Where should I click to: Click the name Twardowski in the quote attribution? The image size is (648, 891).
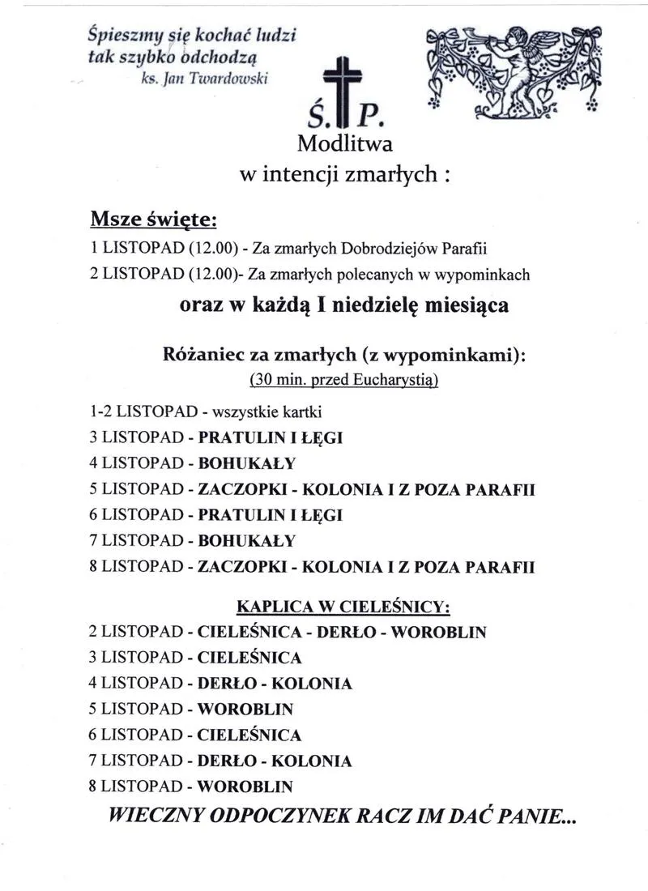[x=236, y=79]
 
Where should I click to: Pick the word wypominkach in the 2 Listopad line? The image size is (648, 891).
[x=484, y=275]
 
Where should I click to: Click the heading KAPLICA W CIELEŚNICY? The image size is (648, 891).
[x=343, y=606]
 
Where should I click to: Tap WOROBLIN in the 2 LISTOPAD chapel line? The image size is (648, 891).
[x=439, y=632]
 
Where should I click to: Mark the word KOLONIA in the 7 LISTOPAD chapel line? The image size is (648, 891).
[x=311, y=761]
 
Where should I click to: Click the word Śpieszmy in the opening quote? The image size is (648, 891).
[x=121, y=36]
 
